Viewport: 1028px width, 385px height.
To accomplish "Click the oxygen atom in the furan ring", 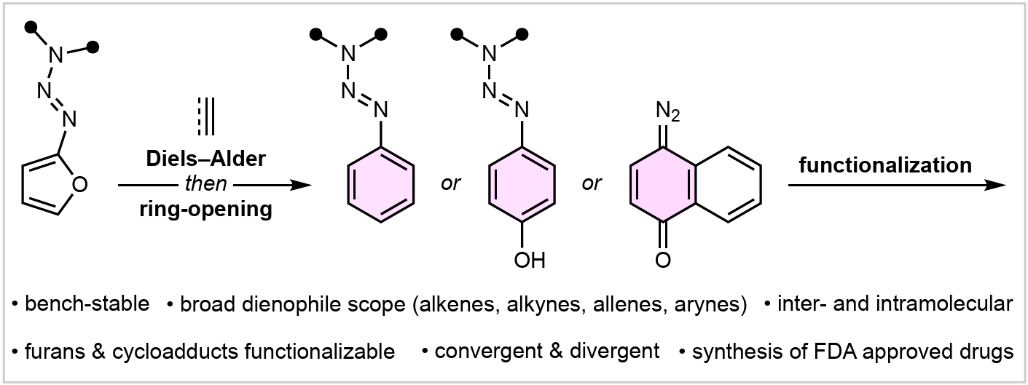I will (80, 185).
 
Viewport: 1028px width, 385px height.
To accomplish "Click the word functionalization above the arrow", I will (884, 165).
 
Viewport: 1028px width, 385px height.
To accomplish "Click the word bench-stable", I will (87, 303).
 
